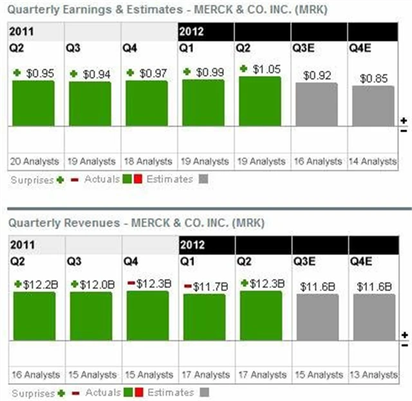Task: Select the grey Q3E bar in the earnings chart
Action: click(x=316, y=104)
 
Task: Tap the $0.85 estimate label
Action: click(x=373, y=79)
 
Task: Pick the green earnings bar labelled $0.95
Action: click(x=33, y=103)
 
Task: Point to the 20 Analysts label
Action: click(x=33, y=161)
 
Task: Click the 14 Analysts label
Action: click(x=373, y=161)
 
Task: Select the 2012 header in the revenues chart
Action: click(x=192, y=245)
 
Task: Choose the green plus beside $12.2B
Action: click(x=18, y=284)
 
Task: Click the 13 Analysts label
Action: click(x=373, y=375)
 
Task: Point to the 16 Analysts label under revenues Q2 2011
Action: click(x=33, y=375)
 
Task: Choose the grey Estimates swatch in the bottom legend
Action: click(x=203, y=392)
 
